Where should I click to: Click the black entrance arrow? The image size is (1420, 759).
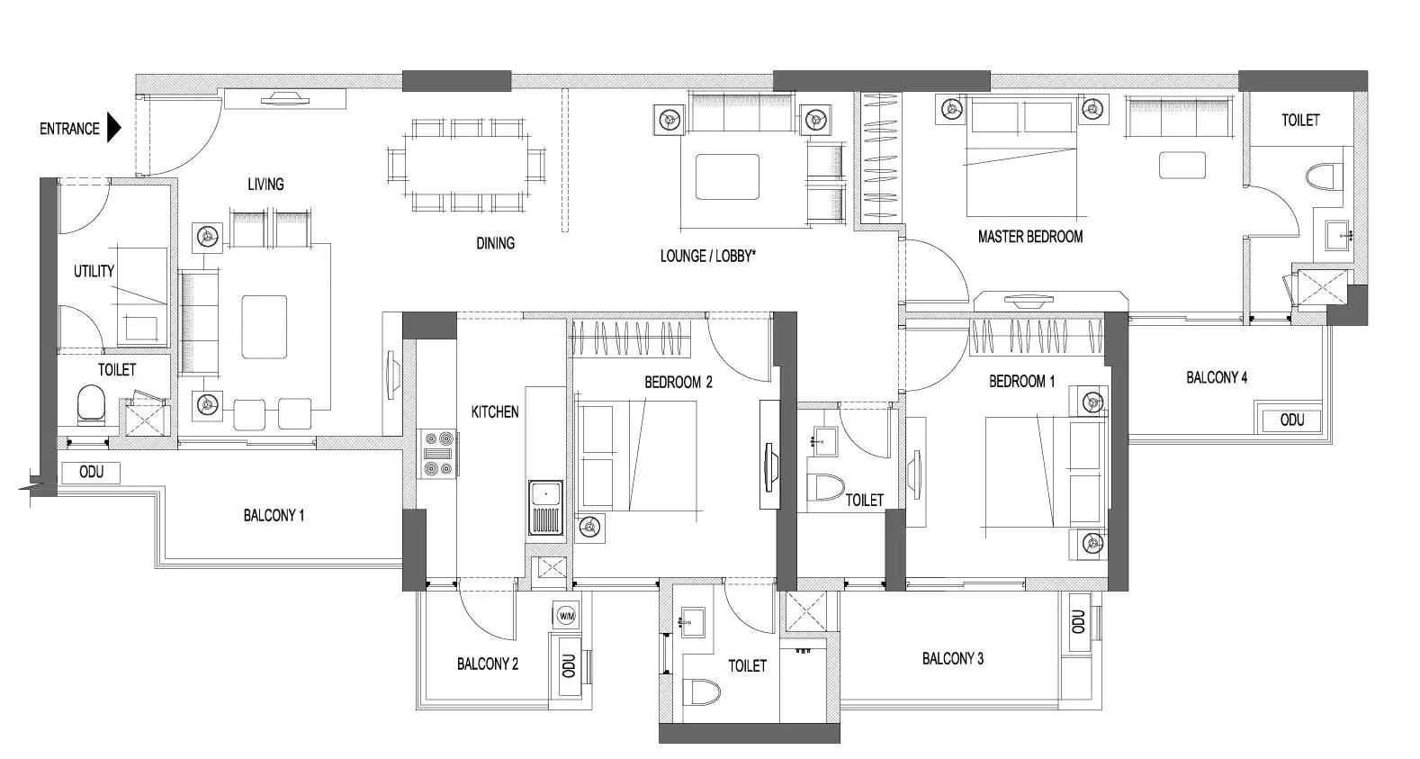pos(113,128)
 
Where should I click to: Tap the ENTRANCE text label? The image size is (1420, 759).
pos(69,129)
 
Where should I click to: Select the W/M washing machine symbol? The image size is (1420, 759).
pos(566,616)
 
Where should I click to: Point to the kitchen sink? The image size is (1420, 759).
pos(544,509)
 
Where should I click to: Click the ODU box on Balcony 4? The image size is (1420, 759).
pos(1291,420)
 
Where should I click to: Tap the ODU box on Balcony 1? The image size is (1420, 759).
pos(91,472)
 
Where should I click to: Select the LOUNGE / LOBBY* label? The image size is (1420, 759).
pos(707,256)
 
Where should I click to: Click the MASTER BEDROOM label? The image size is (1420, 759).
pos(1029,237)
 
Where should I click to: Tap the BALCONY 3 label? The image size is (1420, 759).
pos(952,658)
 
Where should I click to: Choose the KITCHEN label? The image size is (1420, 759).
pos(495,411)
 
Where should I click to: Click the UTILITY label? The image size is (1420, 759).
pos(94,271)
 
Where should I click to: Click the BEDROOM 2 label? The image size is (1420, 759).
pos(678,382)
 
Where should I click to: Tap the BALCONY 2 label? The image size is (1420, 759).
pos(487,664)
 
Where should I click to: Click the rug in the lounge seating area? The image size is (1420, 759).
pos(724,176)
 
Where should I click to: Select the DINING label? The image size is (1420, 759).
pos(495,242)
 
